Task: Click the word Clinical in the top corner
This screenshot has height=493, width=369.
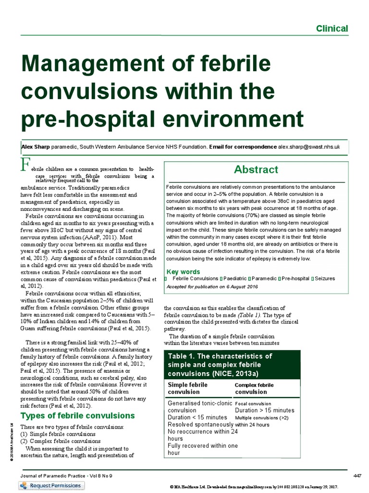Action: click(332, 28)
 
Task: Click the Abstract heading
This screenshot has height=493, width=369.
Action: click(256, 169)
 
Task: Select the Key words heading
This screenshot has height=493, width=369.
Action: click(183, 272)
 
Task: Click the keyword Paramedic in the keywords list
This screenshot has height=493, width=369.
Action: click(264, 278)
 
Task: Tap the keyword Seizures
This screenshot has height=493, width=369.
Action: click(325, 278)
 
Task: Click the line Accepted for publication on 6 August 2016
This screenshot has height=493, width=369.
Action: click(212, 287)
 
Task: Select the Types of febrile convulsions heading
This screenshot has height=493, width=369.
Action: click(77, 415)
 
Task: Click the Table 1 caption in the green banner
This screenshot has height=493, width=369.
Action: click(220, 364)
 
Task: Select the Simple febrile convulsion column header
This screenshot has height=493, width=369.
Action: click(187, 388)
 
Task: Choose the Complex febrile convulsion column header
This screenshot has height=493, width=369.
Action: click(254, 388)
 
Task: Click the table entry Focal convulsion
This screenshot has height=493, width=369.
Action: click(253, 403)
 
